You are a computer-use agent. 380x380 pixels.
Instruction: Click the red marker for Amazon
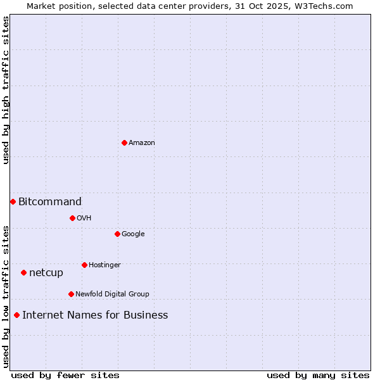[x=124, y=142]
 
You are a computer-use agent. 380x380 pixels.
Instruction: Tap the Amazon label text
[x=142, y=143]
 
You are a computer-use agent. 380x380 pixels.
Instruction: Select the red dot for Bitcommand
[x=13, y=201]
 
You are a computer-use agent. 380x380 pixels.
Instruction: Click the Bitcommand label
[x=50, y=202]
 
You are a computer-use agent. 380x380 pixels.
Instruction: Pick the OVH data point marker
[x=72, y=218]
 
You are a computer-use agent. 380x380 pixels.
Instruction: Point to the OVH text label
[x=84, y=218]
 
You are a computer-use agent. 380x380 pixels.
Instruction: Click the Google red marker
[x=117, y=234]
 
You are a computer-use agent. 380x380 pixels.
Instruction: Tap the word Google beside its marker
[x=133, y=234]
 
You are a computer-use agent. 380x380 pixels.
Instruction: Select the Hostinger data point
[x=84, y=265]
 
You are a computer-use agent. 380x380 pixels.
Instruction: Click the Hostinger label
[x=104, y=265]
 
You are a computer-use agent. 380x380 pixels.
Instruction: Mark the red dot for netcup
[x=23, y=272]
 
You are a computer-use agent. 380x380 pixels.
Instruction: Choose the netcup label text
[x=46, y=273]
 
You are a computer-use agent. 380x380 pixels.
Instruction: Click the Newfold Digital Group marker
[x=71, y=294]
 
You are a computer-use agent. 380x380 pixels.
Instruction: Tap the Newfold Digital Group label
[x=112, y=294]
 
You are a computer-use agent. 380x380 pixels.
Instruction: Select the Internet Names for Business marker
[x=16, y=315]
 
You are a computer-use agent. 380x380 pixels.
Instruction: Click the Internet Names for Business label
[x=95, y=315]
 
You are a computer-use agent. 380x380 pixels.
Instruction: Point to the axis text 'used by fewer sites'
[x=65, y=376]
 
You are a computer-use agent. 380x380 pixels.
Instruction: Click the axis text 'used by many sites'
[x=318, y=376]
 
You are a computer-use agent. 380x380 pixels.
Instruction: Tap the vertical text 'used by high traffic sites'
[x=6, y=90]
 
